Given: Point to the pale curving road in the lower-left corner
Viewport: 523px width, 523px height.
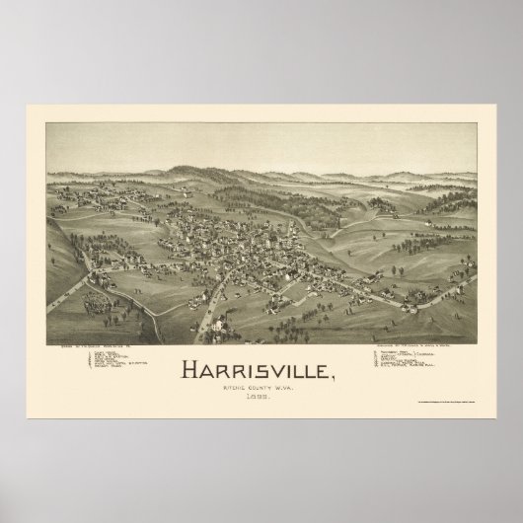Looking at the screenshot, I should (74, 296).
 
